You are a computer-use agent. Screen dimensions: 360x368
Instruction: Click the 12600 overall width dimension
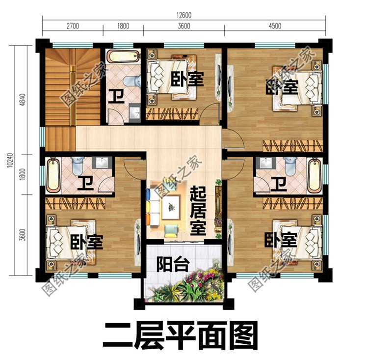(x=184, y=15)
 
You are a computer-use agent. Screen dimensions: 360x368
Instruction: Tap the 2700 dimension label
(x=72, y=26)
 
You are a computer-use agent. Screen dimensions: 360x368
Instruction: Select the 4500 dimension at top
(x=274, y=26)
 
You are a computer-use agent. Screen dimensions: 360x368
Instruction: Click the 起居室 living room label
(x=198, y=211)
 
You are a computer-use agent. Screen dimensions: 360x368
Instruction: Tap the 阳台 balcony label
(x=173, y=265)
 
